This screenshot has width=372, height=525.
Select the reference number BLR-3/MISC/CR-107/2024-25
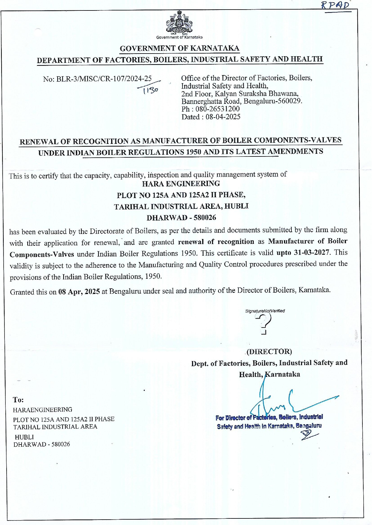click(x=104, y=79)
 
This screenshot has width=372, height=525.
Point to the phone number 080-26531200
click(x=217, y=109)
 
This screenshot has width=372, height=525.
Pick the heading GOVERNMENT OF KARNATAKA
click(x=179, y=48)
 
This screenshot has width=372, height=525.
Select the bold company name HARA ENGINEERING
click(x=181, y=184)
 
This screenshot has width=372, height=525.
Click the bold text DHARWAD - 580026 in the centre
click(x=181, y=218)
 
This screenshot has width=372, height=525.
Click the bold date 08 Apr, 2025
click(x=79, y=292)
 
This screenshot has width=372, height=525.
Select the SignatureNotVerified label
click(x=265, y=311)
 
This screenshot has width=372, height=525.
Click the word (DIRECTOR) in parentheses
click(x=269, y=351)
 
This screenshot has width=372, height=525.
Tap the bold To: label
click(x=18, y=400)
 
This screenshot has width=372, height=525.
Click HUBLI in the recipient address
click(x=24, y=437)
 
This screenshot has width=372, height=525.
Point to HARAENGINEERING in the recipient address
click(x=43, y=410)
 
